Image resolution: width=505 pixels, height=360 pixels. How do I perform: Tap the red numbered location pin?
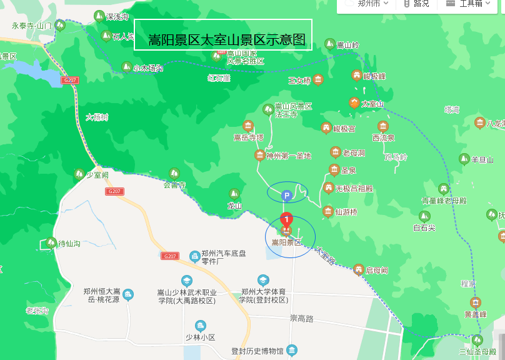click(x=286, y=220)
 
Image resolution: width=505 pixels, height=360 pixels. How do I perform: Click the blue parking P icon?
click(x=287, y=196)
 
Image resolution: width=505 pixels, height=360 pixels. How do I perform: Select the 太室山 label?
click(x=372, y=104)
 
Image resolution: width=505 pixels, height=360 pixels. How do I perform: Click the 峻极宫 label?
click(x=344, y=129)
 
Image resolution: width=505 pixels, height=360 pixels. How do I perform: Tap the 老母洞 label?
click(x=354, y=153)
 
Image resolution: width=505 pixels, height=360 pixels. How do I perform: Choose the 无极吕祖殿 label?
click(x=354, y=188)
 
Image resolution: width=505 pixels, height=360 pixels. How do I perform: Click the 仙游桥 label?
click(x=346, y=212)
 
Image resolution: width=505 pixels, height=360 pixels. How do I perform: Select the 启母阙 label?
click(x=377, y=270)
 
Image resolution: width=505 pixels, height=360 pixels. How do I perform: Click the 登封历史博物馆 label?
click(x=257, y=351)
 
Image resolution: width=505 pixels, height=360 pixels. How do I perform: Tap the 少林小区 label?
click(x=200, y=337)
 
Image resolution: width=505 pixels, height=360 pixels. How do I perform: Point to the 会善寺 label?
click(x=175, y=185)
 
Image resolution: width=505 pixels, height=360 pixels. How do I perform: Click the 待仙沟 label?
click(x=69, y=244)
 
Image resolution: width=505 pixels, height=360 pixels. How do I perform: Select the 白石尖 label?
click(x=424, y=228)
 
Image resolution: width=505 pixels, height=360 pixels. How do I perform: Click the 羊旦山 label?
click(x=482, y=160)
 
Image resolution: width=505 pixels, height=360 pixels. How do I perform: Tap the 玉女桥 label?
click(x=299, y=81)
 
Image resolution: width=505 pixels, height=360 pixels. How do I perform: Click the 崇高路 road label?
click(x=301, y=318)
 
